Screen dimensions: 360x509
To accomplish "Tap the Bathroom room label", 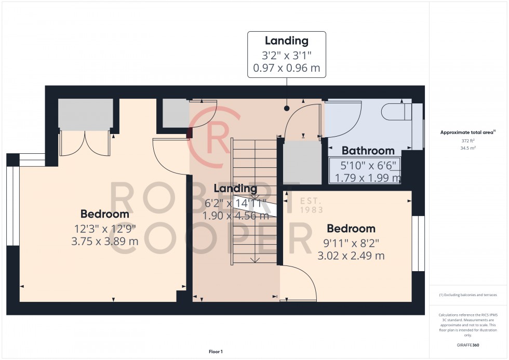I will (x=368, y=151).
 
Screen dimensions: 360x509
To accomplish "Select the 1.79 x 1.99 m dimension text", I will (x=368, y=178).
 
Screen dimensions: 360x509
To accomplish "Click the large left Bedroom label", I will (x=104, y=214).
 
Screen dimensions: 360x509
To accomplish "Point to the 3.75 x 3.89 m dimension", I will (x=104, y=241).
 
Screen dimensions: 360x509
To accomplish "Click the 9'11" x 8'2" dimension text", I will (x=351, y=242).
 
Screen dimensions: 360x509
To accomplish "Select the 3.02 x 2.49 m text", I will (x=351, y=256).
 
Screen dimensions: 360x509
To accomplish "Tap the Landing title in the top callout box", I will (x=286, y=41).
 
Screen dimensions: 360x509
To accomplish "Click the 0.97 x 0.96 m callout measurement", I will (x=286, y=68).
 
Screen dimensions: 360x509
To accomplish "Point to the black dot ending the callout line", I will (x=286, y=109).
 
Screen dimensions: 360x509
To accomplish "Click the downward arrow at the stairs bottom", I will (x=254, y=259).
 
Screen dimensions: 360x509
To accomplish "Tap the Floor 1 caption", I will (x=215, y=352).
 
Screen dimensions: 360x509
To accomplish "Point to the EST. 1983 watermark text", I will (x=312, y=205).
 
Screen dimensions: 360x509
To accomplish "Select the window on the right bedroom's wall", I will (x=418, y=244).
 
